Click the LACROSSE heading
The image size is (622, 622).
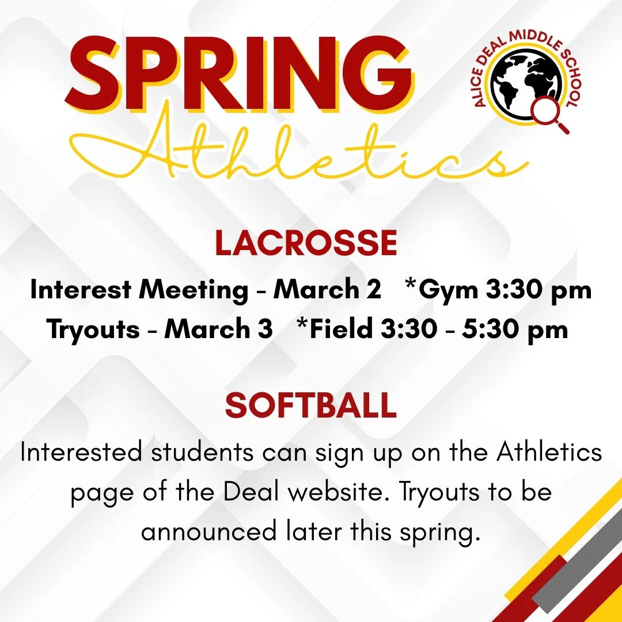(306, 244)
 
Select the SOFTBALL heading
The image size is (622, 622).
(310, 406)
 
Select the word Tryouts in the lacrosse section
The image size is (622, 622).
(93, 330)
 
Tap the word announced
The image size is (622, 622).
(208, 532)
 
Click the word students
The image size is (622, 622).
(202, 453)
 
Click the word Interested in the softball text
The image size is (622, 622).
(81, 453)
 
